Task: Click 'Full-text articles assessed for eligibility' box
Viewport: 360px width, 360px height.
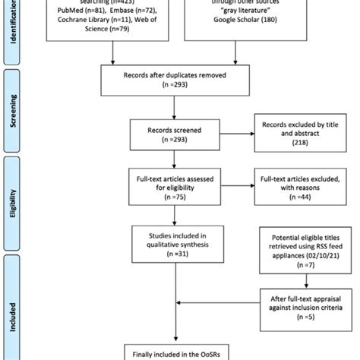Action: click(x=181, y=187)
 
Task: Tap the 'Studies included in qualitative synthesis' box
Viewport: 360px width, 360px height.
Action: click(x=181, y=244)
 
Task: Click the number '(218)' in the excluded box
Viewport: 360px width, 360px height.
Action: click(x=295, y=141)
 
